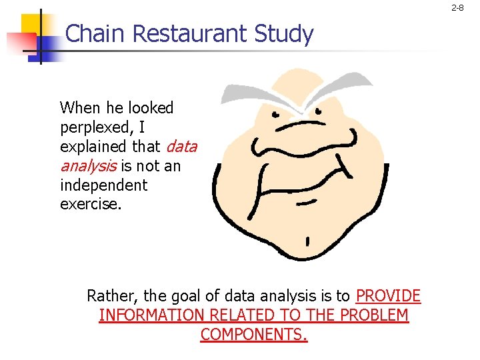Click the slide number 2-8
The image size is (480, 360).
click(457, 8)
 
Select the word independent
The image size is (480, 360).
click(103, 184)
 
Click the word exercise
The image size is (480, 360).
click(91, 203)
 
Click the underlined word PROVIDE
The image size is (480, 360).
click(388, 296)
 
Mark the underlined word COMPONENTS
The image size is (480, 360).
click(254, 335)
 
